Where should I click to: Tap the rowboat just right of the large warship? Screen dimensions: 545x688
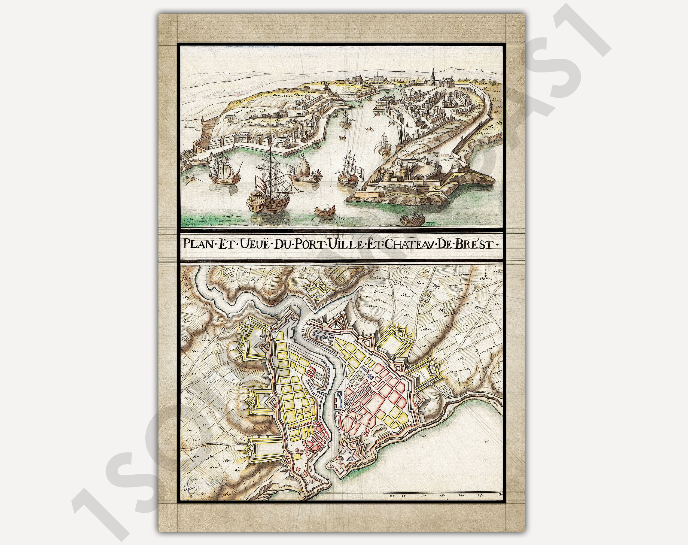point(325,210)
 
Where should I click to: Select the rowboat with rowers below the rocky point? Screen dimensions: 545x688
point(413,219)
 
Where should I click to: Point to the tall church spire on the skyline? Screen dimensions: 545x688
point(433,75)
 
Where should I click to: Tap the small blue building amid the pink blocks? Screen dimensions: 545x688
point(370,377)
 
